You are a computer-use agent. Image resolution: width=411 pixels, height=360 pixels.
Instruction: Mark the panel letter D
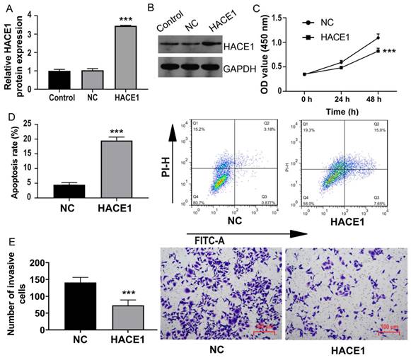(x=6, y=113)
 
